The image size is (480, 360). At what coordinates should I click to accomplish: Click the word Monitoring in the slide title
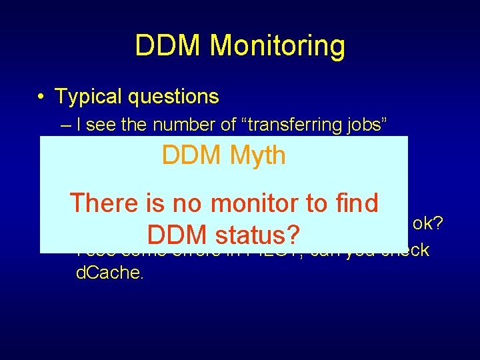[277, 46]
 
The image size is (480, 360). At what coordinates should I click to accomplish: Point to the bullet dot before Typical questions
[41, 97]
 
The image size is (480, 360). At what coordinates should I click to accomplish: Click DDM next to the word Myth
[190, 155]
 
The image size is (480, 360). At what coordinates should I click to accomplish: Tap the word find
[354, 203]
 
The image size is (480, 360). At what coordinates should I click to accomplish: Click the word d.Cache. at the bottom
[110, 273]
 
